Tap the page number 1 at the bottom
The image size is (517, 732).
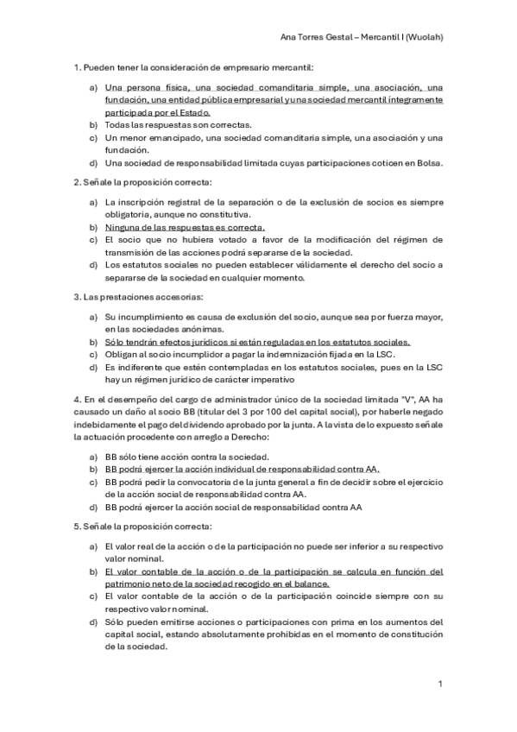[440, 684]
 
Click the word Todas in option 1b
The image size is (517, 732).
[117, 125]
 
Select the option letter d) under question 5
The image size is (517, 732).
[92, 622]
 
